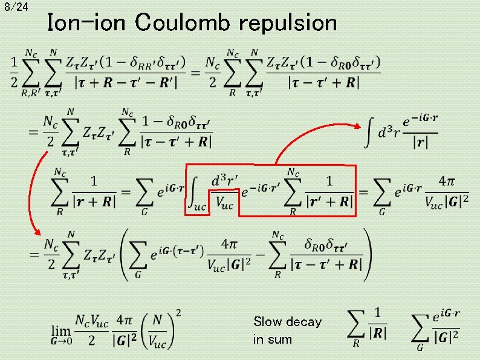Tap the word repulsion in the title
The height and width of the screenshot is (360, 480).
click(x=288, y=23)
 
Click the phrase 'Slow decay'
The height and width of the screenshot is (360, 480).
click(x=287, y=322)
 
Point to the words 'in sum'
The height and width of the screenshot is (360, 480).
click(x=272, y=339)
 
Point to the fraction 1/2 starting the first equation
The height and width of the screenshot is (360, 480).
click(x=14, y=72)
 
